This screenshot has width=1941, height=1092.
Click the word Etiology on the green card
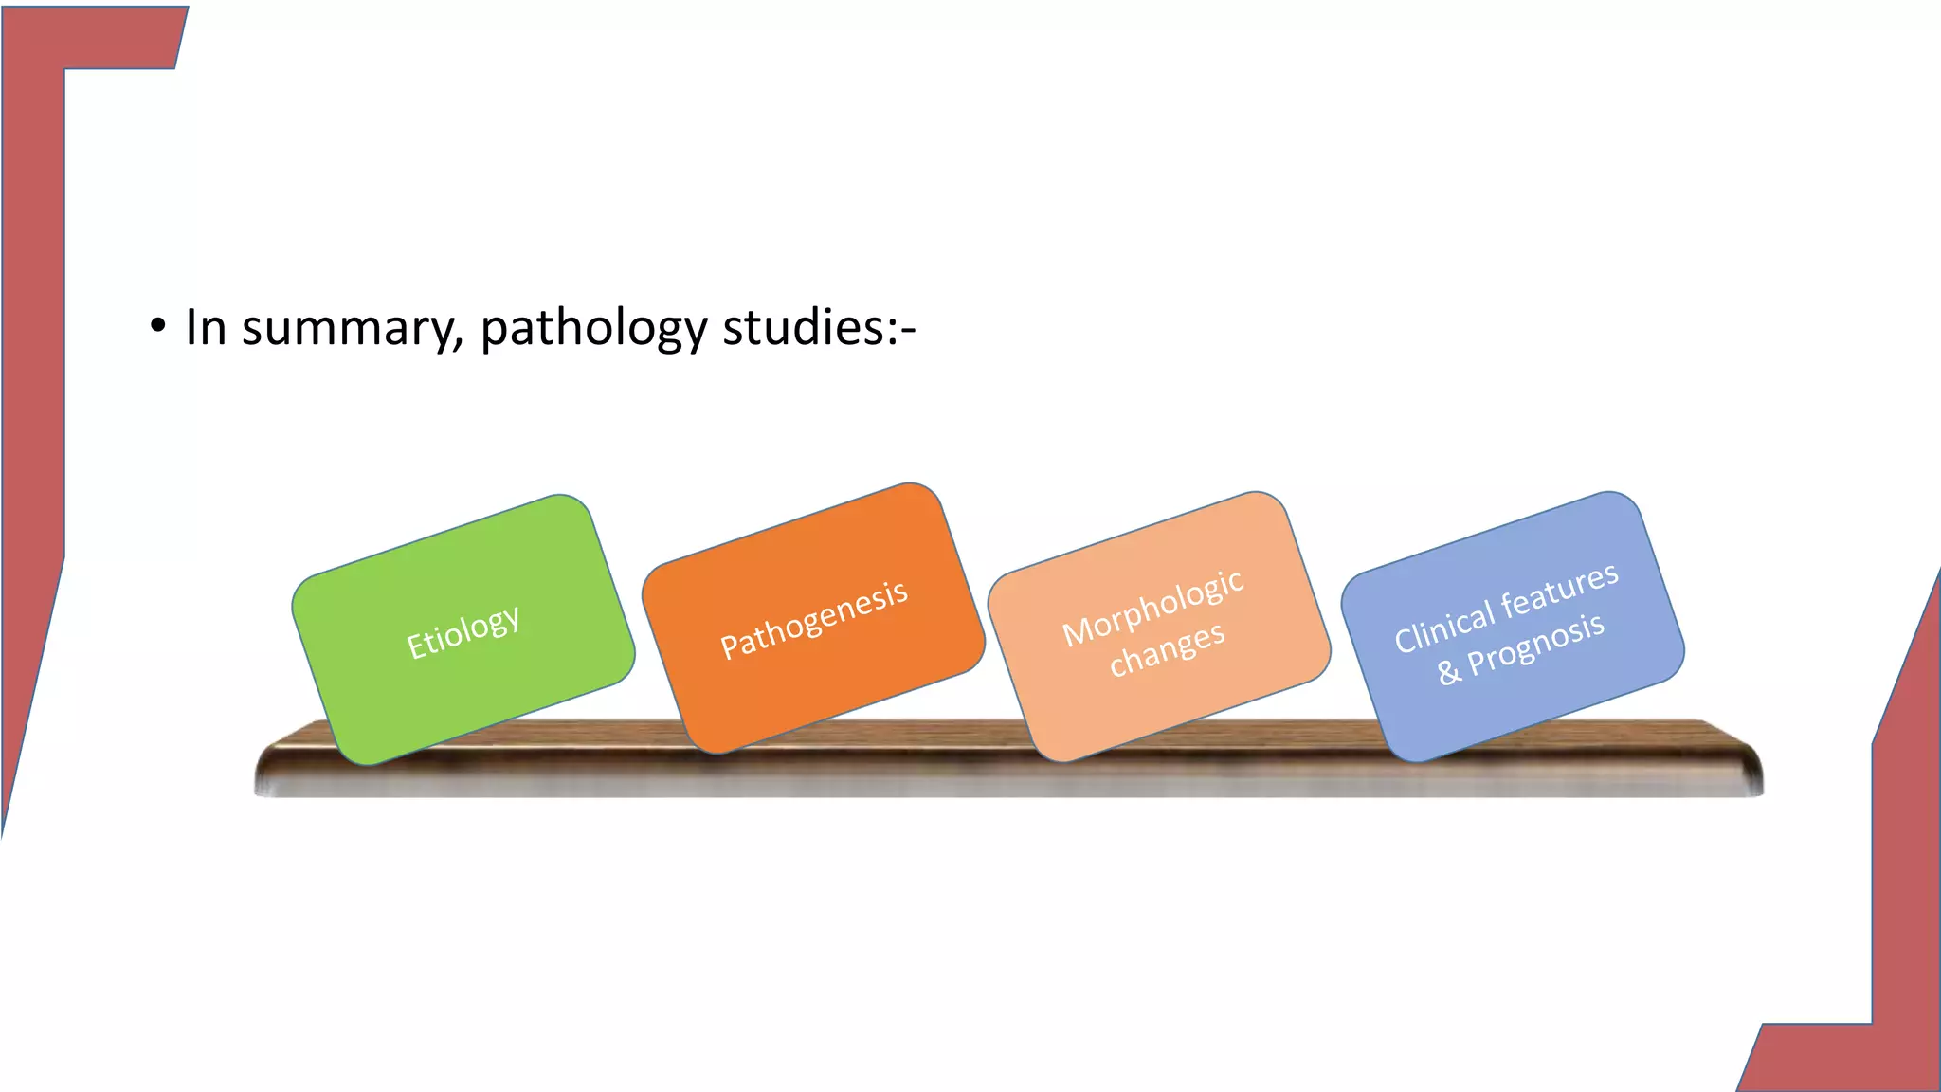click(463, 631)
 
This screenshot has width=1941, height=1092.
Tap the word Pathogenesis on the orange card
click(813, 619)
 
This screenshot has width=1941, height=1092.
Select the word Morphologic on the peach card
click(1152, 608)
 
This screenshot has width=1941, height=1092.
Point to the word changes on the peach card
click(1167, 649)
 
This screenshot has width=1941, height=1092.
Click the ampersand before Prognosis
click(1448, 672)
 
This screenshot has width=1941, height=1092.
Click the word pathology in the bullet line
click(593, 328)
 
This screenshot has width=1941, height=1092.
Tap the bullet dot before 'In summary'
click(157, 327)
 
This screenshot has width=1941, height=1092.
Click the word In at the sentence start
click(206, 328)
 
